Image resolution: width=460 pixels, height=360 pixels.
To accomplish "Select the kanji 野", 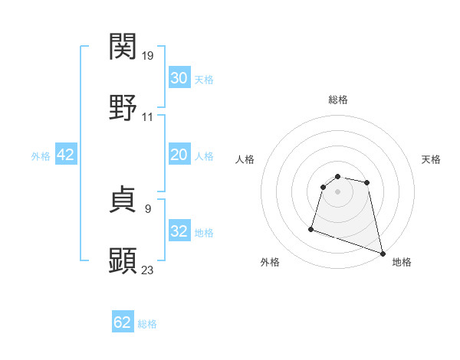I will coord(123,107).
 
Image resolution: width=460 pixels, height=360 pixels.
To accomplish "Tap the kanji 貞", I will coord(123,200).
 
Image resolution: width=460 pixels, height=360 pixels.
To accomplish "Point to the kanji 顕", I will coord(123,260).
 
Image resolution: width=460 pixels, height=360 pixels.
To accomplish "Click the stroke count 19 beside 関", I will coord(148,56).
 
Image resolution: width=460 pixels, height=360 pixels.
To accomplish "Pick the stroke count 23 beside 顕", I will coord(148,270).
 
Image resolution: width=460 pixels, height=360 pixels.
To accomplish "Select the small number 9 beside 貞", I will coord(147,208).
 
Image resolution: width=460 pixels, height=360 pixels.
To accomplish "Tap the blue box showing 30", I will coord(179,78).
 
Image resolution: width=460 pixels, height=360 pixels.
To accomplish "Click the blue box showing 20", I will coord(179,155).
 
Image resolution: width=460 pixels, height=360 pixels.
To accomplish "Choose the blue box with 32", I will coord(179,231).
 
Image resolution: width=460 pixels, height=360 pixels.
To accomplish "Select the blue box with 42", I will coord(66,155).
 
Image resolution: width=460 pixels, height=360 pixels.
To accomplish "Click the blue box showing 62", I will coord(123,322).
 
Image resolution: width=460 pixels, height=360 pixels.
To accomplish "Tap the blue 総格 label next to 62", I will coord(147,324).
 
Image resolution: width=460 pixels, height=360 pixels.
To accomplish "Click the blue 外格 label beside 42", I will coord(41,156).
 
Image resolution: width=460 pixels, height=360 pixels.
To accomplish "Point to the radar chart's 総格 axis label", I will coord(338,100).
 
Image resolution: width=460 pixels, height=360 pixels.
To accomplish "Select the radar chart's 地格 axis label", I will coord(402,262).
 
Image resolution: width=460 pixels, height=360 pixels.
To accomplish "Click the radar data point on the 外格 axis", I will coord(311,228).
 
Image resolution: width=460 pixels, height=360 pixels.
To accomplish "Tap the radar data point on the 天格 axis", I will coord(367,182).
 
